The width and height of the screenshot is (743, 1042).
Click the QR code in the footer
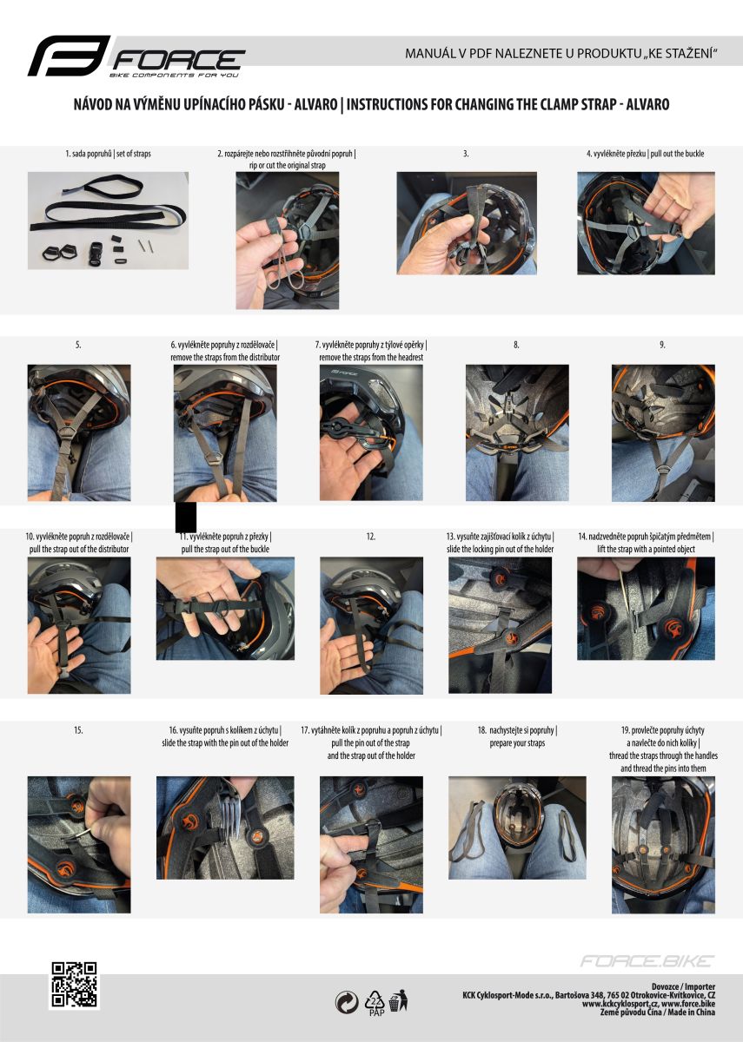74,985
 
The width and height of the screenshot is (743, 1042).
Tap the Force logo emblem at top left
70,56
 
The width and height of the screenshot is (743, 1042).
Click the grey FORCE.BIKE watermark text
647,961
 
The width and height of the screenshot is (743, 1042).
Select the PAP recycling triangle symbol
376,1002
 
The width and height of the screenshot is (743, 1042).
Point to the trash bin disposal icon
399,1000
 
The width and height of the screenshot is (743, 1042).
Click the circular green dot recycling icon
347,1002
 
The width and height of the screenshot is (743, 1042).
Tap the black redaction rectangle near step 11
186,517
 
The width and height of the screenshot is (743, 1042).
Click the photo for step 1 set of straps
108,221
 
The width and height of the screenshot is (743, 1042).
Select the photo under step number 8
517,432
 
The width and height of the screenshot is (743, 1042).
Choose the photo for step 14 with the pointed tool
646,609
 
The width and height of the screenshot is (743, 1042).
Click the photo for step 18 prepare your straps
517,828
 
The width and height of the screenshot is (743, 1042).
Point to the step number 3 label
466,154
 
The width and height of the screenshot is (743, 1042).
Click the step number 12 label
370,537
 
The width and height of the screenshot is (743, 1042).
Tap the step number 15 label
78,730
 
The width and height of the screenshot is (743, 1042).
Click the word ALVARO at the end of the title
647,104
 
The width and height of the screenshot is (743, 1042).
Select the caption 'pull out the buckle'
677,154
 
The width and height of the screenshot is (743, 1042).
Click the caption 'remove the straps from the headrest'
371,357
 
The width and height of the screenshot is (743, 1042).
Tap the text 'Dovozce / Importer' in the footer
683,986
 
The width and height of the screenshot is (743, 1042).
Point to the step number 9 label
662,345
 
